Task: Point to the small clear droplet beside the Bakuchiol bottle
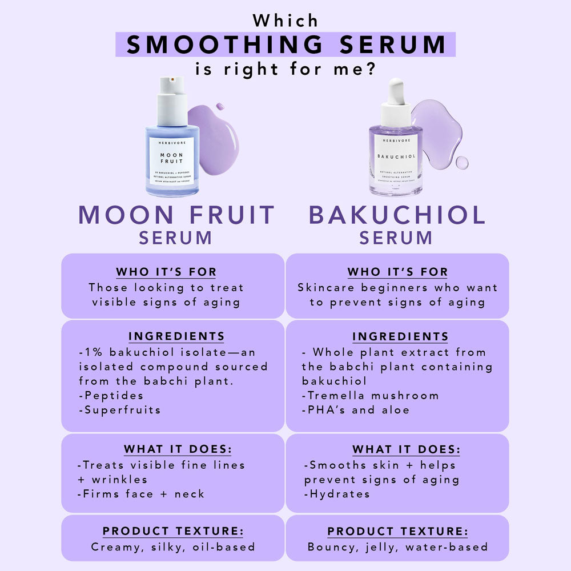pyautogui.click(x=461, y=163)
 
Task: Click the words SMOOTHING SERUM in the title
pyautogui.click(x=285, y=45)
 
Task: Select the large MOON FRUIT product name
pyautogui.click(x=177, y=215)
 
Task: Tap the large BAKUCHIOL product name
pyautogui.click(x=397, y=215)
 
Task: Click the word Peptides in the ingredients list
pyautogui.click(x=111, y=395)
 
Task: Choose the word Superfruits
pyautogui.click(x=120, y=410)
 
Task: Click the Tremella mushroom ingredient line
pyautogui.click(x=371, y=395)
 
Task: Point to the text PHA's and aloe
pyautogui.click(x=356, y=410)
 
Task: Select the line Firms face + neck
pyautogui.click(x=141, y=494)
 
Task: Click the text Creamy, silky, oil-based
pyautogui.click(x=173, y=547)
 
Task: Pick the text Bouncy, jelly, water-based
pyautogui.click(x=398, y=547)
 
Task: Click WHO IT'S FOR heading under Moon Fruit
pyautogui.click(x=166, y=272)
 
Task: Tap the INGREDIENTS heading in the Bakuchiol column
pyautogui.click(x=400, y=336)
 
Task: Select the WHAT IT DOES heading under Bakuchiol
pyautogui.click(x=406, y=450)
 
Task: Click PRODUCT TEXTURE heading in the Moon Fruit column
pyautogui.click(x=173, y=532)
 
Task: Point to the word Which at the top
pyautogui.click(x=285, y=21)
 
